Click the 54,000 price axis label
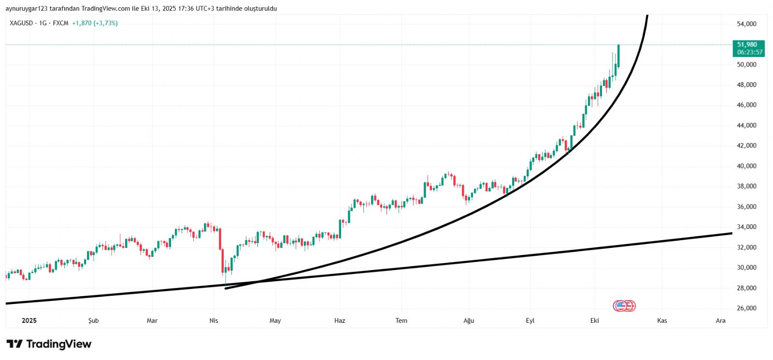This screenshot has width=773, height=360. (746, 24)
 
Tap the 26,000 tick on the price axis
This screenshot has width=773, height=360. (746, 308)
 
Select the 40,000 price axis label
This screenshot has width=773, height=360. (746, 166)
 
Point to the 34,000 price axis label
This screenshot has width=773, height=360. (746, 227)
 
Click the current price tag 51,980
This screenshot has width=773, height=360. (747, 44)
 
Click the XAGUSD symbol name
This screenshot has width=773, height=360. (21, 23)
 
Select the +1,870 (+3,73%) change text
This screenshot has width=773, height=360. (95, 23)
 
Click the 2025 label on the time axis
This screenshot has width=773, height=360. (29, 320)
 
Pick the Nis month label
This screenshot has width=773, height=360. (214, 320)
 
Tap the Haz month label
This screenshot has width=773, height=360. (340, 320)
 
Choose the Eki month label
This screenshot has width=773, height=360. (594, 320)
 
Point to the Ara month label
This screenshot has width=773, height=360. (720, 320)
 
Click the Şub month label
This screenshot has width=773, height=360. (93, 320)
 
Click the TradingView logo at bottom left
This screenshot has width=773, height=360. (49, 344)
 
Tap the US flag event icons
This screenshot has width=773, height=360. (624, 306)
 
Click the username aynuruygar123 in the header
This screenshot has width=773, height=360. (27, 9)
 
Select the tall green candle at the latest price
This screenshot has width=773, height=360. (618, 56)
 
